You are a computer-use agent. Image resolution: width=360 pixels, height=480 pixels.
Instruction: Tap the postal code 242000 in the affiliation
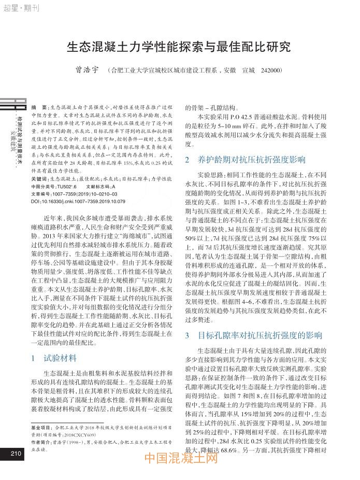(x=269, y=70)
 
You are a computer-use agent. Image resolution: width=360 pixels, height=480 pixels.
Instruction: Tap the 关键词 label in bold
(x=40, y=178)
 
